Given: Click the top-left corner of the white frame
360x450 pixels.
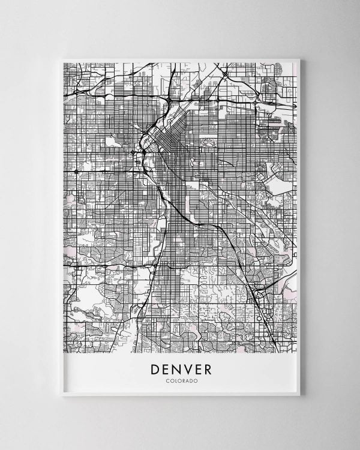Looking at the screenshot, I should pos(62,59).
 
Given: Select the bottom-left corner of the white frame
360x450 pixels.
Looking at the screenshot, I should pos(62,395).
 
